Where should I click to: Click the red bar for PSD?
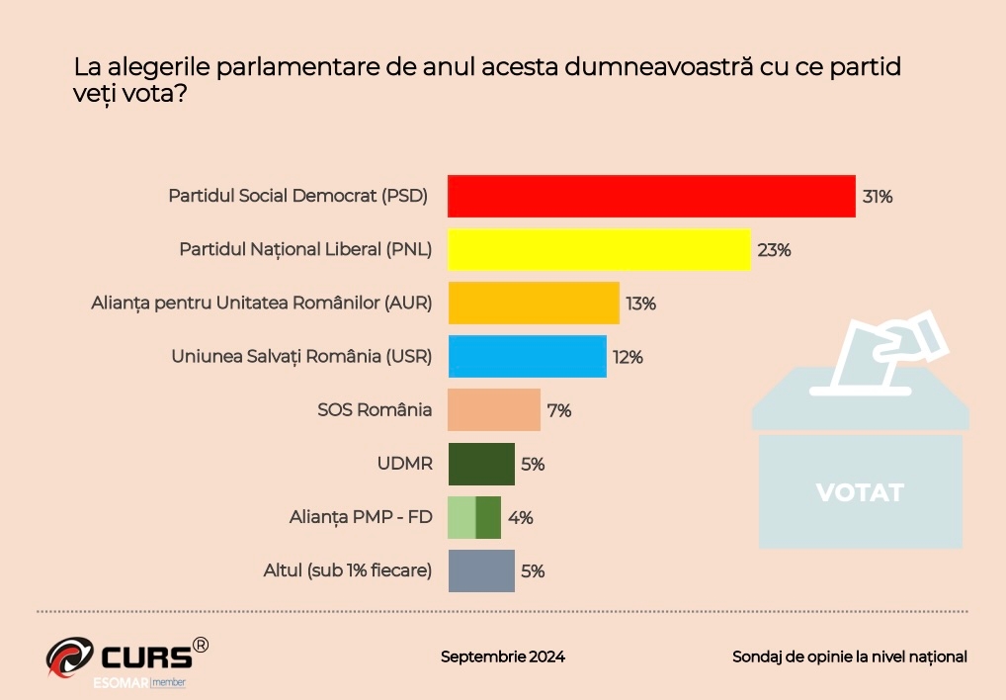coord(651,196)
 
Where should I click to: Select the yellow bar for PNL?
coord(599,249)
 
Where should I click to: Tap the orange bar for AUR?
coord(534,303)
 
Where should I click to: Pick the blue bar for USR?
coord(527,356)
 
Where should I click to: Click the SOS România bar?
coord(494,410)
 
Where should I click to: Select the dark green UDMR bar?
coord(481,464)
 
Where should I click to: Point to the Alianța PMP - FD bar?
coord(474,517)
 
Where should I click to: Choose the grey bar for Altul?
coord(481,570)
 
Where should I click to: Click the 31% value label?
coord(878,197)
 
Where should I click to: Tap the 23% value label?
coord(774,250)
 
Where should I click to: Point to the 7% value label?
coord(559,410)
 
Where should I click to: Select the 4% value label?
coord(521,517)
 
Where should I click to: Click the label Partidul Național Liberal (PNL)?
coord(305,249)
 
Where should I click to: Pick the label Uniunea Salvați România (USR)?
coord(301,356)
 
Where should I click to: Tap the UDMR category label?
coord(405,464)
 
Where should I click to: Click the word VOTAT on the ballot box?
coord(860,491)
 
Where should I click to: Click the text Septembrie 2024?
coord(503,656)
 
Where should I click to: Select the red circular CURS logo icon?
coord(69,657)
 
